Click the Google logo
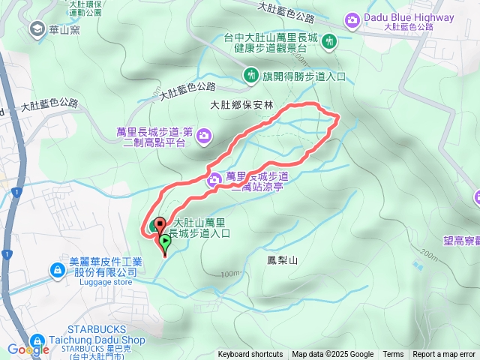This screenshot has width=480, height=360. click(28, 349)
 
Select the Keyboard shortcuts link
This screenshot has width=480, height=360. click(250, 355)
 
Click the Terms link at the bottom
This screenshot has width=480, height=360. click(393, 355)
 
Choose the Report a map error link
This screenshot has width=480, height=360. click(444, 355)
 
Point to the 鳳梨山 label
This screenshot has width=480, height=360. click(282, 260)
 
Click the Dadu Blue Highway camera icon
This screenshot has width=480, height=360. click(352, 19)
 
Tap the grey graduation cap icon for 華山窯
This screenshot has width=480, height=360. click(35, 29)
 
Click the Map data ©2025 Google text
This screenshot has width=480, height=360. click(332, 355)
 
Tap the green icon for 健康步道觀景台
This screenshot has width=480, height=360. click(329, 43)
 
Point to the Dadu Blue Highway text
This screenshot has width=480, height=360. click(408, 17)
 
